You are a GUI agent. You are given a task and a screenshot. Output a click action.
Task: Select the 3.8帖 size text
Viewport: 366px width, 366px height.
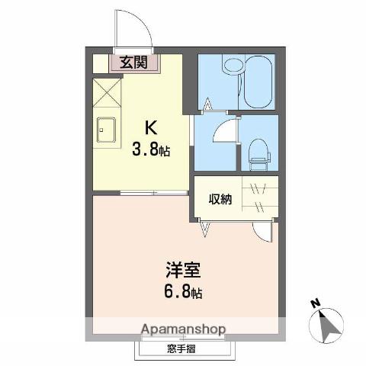(151, 149)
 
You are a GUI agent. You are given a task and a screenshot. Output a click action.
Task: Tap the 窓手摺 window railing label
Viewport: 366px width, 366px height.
(182, 349)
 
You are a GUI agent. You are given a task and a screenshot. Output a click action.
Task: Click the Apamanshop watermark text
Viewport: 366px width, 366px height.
(182, 330)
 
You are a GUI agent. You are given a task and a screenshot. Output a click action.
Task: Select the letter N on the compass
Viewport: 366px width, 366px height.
(314, 303)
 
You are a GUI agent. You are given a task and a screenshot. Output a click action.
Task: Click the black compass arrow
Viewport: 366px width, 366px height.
(329, 326)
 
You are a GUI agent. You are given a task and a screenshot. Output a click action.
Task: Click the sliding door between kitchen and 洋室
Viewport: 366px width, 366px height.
(152, 192)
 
